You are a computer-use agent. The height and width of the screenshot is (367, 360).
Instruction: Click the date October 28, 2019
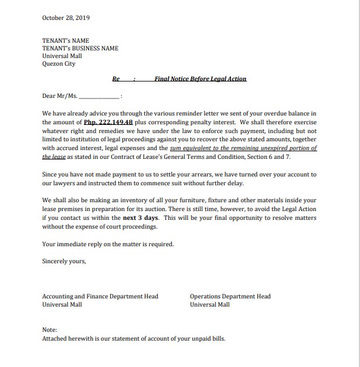click(x=66, y=18)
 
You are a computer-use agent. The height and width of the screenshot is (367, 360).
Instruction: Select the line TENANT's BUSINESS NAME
click(x=80, y=49)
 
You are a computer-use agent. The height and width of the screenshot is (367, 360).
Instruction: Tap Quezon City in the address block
click(x=59, y=64)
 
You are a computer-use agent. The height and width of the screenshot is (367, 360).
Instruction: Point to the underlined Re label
click(x=116, y=79)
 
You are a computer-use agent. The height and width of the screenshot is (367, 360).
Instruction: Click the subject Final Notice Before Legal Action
click(x=201, y=79)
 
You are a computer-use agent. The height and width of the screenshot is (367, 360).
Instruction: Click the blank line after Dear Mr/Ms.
click(x=99, y=96)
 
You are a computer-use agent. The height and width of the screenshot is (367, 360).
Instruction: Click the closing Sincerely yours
click(x=64, y=261)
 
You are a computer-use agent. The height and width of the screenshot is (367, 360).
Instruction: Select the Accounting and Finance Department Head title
click(x=100, y=297)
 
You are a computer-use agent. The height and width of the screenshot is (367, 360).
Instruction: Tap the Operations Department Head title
click(x=230, y=297)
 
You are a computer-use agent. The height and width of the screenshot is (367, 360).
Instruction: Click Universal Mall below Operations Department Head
click(x=209, y=305)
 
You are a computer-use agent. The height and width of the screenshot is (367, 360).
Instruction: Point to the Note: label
click(x=50, y=330)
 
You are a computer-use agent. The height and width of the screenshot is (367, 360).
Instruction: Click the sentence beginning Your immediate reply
click(x=108, y=244)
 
